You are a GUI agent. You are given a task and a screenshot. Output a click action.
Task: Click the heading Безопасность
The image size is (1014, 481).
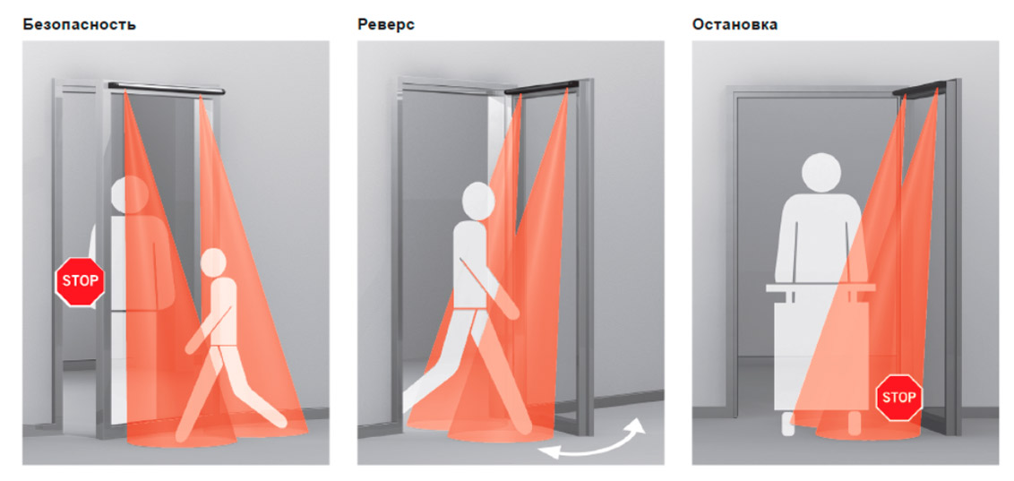pos(79,24)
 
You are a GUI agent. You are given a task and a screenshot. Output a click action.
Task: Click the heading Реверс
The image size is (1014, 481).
pos(386,25)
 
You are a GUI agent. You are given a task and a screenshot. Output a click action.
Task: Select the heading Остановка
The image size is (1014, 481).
pos(735,24)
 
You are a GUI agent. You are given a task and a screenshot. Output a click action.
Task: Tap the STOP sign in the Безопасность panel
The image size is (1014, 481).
pos(81,281)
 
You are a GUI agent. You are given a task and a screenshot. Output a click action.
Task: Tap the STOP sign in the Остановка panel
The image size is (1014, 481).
pos(899,397)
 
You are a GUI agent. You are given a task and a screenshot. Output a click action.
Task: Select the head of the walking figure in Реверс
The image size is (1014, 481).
pos(478,201)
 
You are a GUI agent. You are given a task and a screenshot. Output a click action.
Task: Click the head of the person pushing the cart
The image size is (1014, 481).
pos(822,173)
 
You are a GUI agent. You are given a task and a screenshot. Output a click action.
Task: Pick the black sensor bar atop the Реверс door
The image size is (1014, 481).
pos(542,87)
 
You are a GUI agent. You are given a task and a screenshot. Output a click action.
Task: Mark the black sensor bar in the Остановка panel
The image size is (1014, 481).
pos(919,89)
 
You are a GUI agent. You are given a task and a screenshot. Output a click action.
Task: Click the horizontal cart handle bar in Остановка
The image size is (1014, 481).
pos(821,287)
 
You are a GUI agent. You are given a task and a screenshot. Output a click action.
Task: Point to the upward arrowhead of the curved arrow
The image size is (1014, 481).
pos(637,426)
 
